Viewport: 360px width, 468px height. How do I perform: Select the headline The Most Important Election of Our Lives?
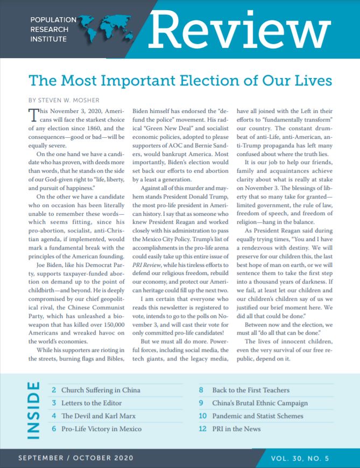tap(180, 81)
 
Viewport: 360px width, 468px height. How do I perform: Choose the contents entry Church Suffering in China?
tap(101, 390)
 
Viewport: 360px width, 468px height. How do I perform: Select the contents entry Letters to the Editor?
tap(91, 403)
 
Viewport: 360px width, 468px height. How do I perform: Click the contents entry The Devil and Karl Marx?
tap(97, 416)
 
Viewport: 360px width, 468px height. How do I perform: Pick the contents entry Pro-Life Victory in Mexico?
tap(101, 429)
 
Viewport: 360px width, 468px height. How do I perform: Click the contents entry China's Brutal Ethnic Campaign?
tap(260, 403)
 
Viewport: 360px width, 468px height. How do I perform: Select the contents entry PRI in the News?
tap(236, 429)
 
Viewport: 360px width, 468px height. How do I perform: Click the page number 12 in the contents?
tap(202, 429)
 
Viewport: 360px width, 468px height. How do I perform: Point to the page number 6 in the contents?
tap(54, 429)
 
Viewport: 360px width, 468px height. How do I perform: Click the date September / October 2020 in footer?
tap(75, 458)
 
